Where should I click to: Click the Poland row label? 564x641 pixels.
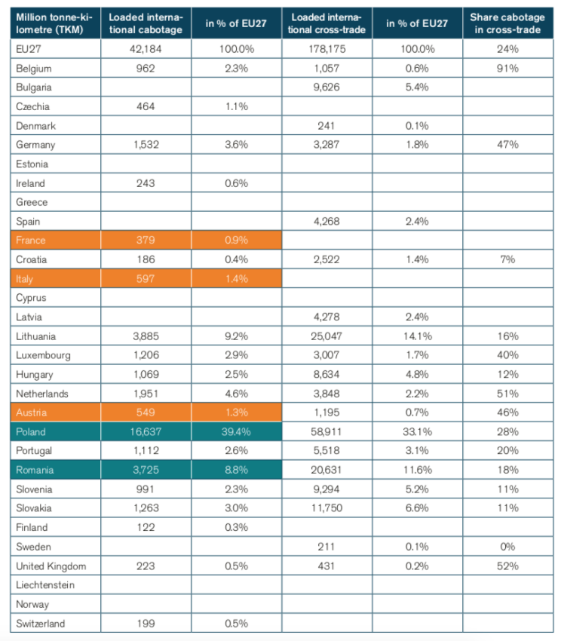(30, 432)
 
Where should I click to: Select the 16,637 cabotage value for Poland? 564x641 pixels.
(146, 432)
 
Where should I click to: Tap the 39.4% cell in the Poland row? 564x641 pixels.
(237, 432)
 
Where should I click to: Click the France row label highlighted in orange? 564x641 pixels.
(30, 241)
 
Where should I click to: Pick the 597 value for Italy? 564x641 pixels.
(146, 279)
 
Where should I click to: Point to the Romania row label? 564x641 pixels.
(34, 471)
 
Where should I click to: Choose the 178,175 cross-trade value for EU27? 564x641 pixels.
(325, 49)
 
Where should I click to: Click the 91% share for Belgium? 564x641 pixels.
(507, 69)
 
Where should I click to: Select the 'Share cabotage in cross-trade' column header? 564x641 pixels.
(507, 23)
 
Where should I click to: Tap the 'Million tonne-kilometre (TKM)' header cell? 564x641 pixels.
(53, 23)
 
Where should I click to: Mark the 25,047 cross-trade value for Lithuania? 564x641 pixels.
(325, 336)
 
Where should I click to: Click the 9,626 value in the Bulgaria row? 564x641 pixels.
(325, 87)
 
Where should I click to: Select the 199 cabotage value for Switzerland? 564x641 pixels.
(146, 624)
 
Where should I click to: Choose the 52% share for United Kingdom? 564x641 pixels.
(507, 566)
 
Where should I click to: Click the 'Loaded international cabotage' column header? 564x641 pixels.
(146, 23)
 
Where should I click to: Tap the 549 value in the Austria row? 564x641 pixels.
(146, 413)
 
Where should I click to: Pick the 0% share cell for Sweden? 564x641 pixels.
(507, 547)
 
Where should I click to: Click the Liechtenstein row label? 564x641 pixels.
(45, 585)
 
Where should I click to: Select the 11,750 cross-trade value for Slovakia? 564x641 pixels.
(325, 508)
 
